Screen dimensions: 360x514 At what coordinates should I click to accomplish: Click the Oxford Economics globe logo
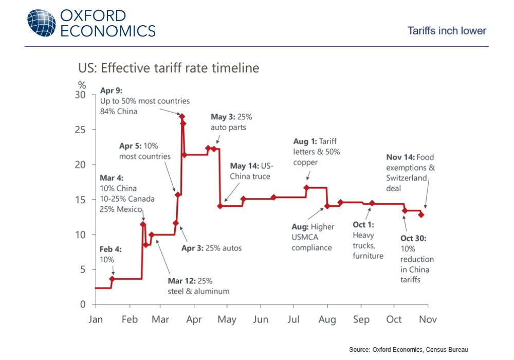(41, 23)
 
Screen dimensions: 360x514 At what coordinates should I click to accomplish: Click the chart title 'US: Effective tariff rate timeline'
(169, 68)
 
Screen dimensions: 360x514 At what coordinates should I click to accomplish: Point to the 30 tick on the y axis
(82, 95)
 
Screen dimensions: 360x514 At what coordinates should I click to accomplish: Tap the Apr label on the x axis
(193, 319)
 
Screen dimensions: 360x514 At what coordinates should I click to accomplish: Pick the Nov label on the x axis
(427, 319)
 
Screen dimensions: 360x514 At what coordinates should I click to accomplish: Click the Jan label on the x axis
(96, 319)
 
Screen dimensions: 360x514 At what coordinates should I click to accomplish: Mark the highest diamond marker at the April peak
(182, 117)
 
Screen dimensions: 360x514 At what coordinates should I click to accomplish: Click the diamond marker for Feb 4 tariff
(112, 279)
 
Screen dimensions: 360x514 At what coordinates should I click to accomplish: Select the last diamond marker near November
(421, 215)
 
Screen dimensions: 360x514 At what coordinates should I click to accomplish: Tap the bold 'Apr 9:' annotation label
(110, 91)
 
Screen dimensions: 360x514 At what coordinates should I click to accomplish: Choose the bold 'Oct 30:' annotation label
(413, 239)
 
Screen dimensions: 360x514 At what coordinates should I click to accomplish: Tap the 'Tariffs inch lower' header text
(447, 30)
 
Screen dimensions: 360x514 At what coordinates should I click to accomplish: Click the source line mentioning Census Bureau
(409, 350)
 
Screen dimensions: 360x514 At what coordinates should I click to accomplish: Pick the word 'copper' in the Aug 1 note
(306, 163)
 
